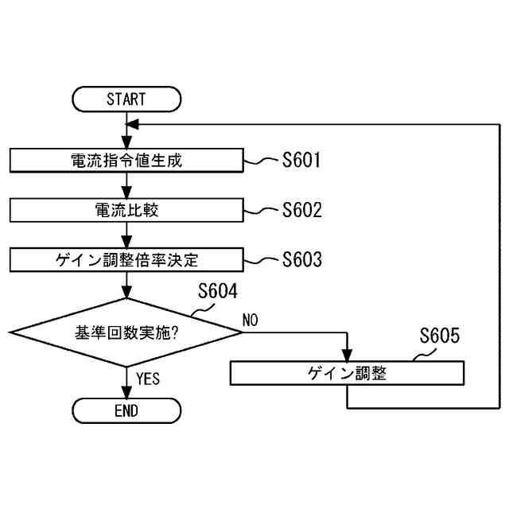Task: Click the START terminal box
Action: (x=126, y=99)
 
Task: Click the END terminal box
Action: (x=126, y=410)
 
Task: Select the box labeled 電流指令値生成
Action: (x=126, y=161)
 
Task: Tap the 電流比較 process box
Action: (x=126, y=210)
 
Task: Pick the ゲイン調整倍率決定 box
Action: (x=126, y=259)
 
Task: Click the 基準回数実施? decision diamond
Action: (x=126, y=332)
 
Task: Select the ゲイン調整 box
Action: (x=347, y=372)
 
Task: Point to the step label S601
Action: (x=301, y=161)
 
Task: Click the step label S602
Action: (x=302, y=210)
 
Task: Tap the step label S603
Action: (x=302, y=259)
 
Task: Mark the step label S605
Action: (x=439, y=336)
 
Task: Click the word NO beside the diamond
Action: (x=251, y=321)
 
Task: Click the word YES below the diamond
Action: (x=148, y=379)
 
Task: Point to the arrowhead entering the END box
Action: (x=126, y=393)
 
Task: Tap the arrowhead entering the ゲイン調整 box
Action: (x=347, y=356)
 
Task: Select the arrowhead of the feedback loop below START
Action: (x=133, y=124)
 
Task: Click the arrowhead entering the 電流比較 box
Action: (x=126, y=194)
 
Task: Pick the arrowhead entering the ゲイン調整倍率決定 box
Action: (x=126, y=243)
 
